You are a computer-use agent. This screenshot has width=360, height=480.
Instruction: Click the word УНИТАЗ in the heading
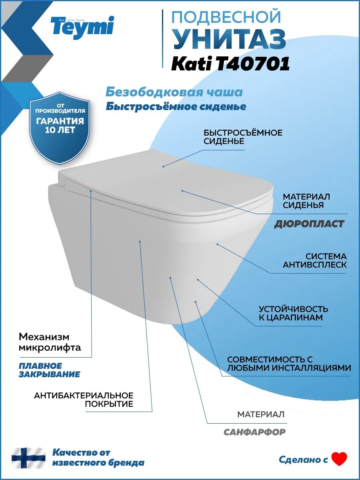[229, 40]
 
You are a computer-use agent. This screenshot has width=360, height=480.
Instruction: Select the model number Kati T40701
[230, 64]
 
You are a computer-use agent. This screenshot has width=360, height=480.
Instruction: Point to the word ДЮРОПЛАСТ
[309, 224]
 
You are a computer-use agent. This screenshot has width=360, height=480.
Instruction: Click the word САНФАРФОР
[254, 432]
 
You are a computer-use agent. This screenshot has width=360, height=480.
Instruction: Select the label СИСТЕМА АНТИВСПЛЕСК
[314, 260]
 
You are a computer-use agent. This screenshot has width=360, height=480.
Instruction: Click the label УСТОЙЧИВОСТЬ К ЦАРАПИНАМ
[293, 313]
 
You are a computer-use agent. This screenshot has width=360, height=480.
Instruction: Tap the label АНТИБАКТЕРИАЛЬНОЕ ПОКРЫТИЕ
[83, 400]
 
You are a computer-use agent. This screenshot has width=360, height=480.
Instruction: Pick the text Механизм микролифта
[50, 342]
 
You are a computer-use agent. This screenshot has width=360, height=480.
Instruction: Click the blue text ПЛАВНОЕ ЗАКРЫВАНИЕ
[49, 370]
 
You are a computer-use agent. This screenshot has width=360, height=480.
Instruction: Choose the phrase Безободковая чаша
[174, 92]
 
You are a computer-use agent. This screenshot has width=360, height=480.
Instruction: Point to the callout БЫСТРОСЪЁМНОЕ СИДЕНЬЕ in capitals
[243, 137]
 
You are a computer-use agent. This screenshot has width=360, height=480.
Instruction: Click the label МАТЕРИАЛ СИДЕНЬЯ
[306, 201]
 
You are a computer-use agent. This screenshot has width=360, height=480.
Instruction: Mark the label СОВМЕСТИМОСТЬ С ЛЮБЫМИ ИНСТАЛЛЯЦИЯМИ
[289, 364]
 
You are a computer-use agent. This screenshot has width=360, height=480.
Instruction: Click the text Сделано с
[303, 460]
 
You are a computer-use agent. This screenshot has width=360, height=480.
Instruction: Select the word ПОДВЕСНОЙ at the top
[226, 17]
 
